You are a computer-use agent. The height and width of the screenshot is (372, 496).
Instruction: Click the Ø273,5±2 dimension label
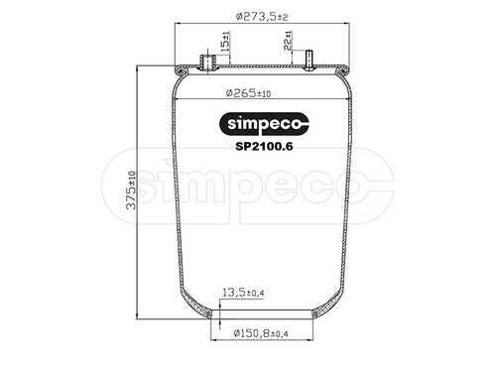[x=262, y=16]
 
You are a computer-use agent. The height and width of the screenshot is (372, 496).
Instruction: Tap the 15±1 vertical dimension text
[x=225, y=42]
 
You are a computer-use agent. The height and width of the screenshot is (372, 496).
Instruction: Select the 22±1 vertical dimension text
[x=288, y=41]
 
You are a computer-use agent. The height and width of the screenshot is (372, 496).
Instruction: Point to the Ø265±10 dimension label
[x=248, y=93]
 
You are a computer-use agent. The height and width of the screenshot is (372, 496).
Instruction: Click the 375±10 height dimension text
[x=131, y=190]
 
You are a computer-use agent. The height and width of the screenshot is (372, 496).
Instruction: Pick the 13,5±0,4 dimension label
[x=243, y=293]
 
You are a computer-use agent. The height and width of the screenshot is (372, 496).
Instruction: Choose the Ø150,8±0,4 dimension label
[x=261, y=333]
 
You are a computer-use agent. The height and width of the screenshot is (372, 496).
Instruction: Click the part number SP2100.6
[x=264, y=146]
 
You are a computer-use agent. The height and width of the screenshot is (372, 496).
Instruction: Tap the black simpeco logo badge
[x=264, y=124]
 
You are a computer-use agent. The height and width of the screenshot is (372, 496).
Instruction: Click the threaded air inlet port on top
[x=207, y=62]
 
